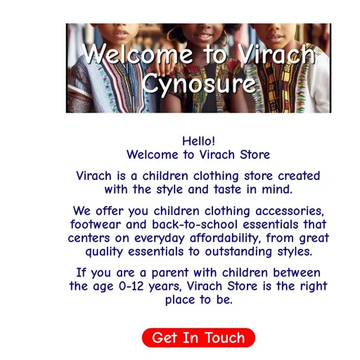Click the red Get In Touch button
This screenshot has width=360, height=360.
tap(198, 337)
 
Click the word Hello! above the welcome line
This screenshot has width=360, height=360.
tap(198, 141)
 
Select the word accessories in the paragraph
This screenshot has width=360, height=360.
tap(290, 211)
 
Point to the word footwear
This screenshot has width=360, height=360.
tap(96, 224)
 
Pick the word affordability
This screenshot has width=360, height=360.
tap(227, 238)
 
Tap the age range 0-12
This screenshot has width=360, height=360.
tap(131, 286)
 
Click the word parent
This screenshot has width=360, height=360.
tap(170, 274)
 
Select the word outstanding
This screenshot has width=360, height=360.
tap(238, 252)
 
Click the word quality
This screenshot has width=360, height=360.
tap(104, 252)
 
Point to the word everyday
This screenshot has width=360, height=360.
tap(160, 238)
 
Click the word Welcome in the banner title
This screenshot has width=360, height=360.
tap(137, 54)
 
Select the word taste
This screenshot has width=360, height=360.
tap(227, 189)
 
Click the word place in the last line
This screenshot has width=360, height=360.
tap(180, 300)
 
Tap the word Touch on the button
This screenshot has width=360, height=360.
tap(225, 337)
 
